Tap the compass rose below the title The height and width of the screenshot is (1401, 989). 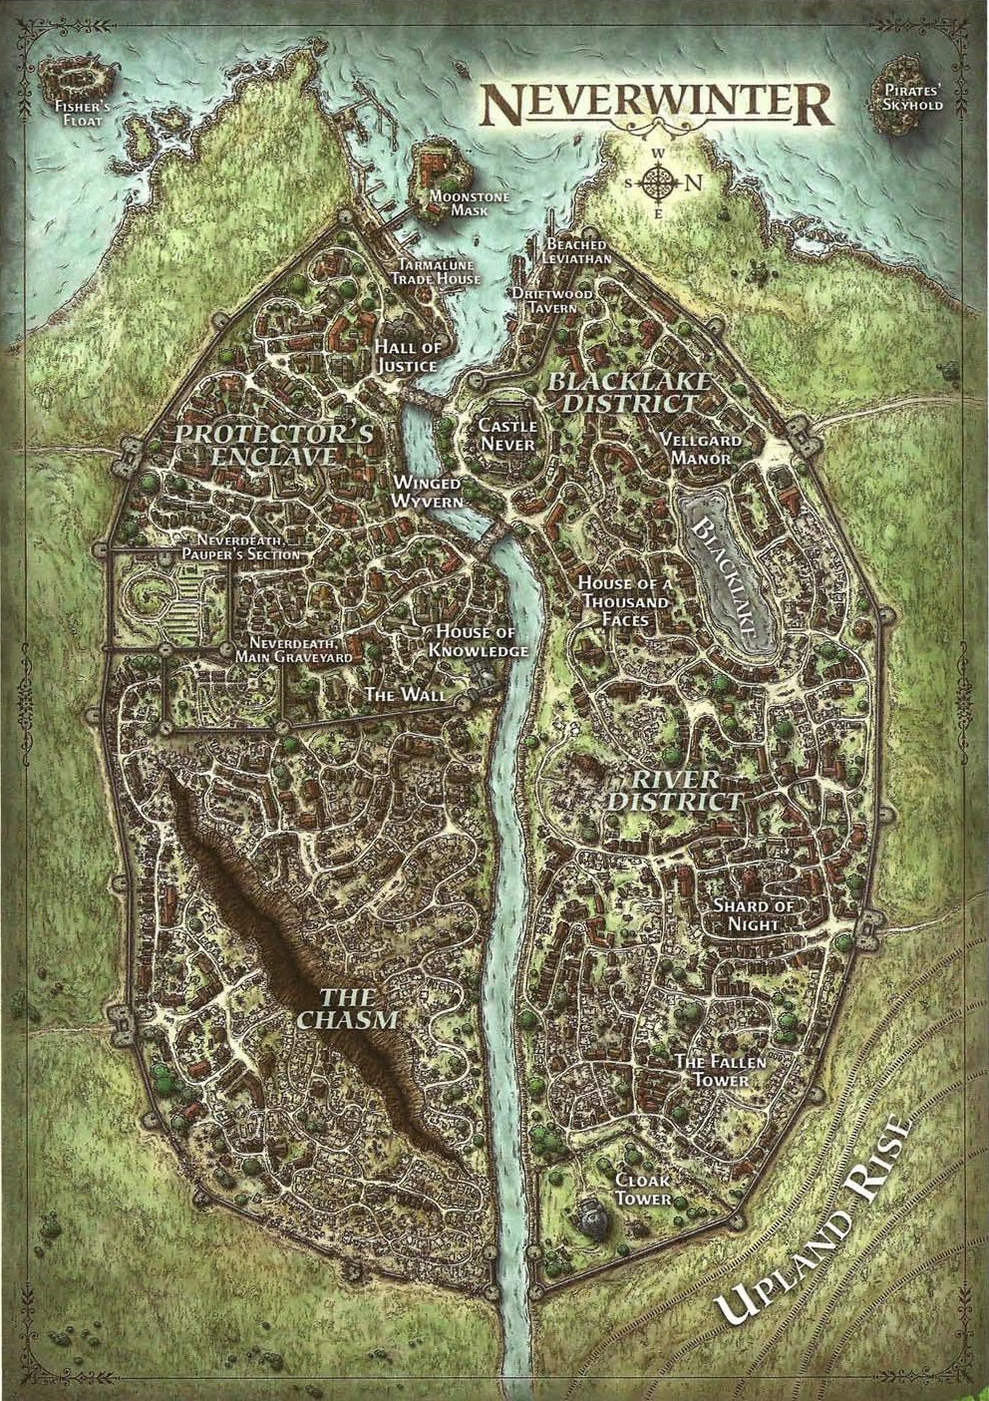[x=658, y=183]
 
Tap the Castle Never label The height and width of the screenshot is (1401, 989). [x=507, y=436]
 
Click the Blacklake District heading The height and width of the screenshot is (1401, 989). [x=631, y=392]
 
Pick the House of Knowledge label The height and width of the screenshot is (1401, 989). [x=478, y=641]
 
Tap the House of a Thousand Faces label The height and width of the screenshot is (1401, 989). [x=625, y=601]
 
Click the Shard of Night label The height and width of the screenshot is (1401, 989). [x=753, y=914]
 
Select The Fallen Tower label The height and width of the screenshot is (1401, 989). [x=721, y=1071]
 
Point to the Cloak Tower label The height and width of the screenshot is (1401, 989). [x=643, y=1189]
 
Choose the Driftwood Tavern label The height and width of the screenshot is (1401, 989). [x=553, y=301]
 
